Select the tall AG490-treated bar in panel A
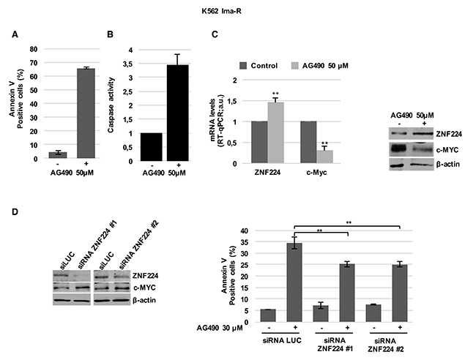pyautogui.click(x=86, y=113)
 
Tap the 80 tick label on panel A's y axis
pyautogui.click(x=34, y=49)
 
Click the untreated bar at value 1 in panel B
pyautogui.click(x=152, y=147)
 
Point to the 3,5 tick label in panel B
pyautogui.click(x=127, y=64)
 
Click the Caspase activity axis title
pyautogui.click(x=111, y=105)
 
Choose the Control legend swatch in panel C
pyautogui.click(x=243, y=65)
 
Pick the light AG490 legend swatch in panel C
pyautogui.click(x=295, y=65)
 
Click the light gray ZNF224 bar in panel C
pyautogui.click(x=276, y=132)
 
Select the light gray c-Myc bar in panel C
pyautogui.click(x=324, y=157)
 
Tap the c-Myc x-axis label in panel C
pyautogui.click(x=316, y=173)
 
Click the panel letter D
pyautogui.click(x=15, y=212)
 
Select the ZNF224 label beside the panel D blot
pyautogui.click(x=146, y=276)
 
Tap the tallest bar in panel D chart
pyautogui.click(x=294, y=282)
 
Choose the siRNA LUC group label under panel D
pyautogui.click(x=282, y=340)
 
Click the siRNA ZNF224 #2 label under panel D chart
pyautogui.click(x=386, y=345)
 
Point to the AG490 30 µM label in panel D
pyautogui.click(x=220, y=328)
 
